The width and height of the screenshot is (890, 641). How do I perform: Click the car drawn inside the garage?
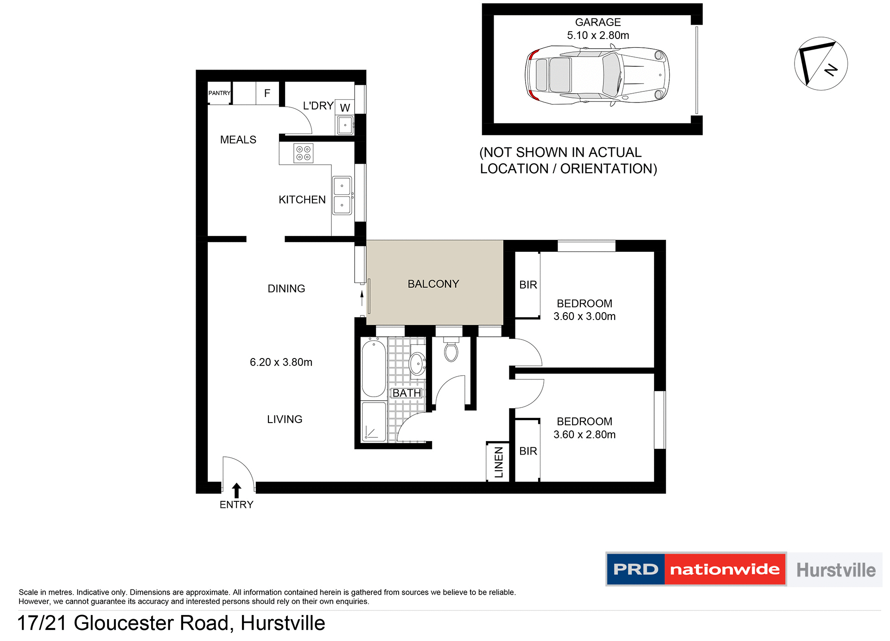click(597, 75)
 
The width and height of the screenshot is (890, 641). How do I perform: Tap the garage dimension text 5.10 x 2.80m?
click(598, 35)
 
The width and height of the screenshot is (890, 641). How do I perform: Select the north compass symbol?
click(821, 64)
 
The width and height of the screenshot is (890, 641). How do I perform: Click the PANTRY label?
click(219, 93)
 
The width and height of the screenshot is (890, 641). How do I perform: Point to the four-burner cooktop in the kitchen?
click(304, 154)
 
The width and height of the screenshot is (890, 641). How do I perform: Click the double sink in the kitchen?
click(342, 195)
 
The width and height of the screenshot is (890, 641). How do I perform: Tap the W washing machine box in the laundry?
click(345, 108)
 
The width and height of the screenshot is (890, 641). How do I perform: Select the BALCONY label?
click(433, 284)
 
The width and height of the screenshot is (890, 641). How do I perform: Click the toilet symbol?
click(451, 351)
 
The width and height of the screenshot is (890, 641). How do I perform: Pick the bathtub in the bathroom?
click(374, 367)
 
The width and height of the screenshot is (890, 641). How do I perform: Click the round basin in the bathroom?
click(417, 363)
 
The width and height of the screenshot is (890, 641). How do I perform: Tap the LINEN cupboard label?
click(499, 462)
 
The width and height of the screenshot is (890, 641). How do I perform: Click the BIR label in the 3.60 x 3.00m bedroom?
click(528, 285)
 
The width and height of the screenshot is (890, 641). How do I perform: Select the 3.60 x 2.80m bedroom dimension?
click(585, 435)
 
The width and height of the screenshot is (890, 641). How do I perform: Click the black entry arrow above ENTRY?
click(236, 490)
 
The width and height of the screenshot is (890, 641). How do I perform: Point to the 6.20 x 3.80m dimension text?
click(281, 362)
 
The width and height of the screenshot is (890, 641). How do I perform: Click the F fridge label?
click(267, 93)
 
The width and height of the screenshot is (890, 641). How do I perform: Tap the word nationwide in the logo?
click(725, 569)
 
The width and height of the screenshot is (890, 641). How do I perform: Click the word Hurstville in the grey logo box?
click(836, 570)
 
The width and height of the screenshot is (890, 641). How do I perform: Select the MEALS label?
click(238, 140)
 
